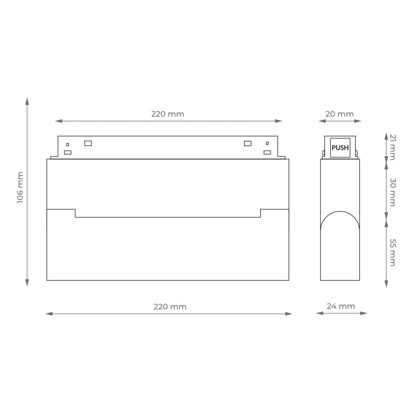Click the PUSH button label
(x=340, y=148)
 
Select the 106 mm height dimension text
(x=20, y=187)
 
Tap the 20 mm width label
(x=339, y=114)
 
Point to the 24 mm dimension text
(x=341, y=306)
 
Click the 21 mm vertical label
(x=392, y=147)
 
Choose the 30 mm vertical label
(x=392, y=192)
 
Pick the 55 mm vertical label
(x=392, y=252)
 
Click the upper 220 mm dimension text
(x=167, y=114)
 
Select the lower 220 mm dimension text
(x=170, y=307)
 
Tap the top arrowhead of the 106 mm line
(x=27, y=101)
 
